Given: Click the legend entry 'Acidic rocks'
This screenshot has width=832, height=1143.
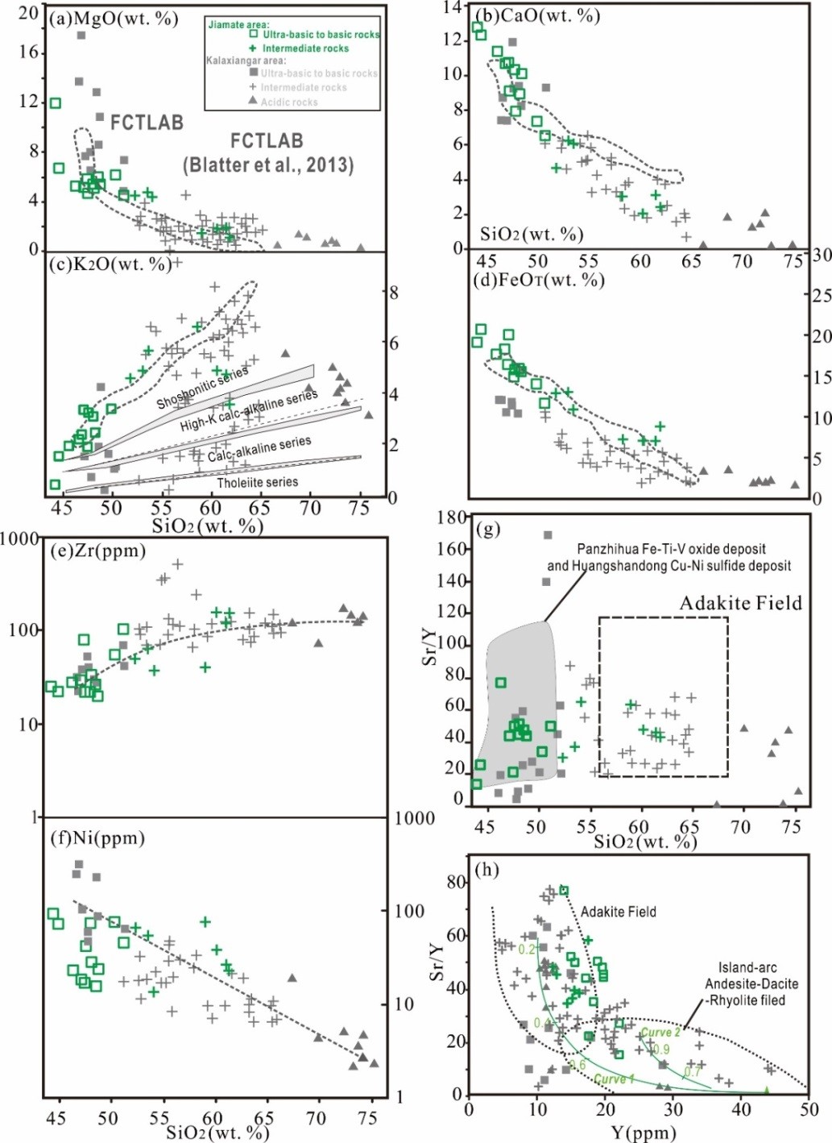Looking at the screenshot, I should pyautogui.click(x=288, y=102).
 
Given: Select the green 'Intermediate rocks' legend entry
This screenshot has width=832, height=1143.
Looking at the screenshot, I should pyautogui.click(x=305, y=48).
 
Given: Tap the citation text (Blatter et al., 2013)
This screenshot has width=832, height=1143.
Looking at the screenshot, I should pyautogui.click(x=267, y=165).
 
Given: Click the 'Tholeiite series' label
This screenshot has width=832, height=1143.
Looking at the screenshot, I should pyautogui.click(x=257, y=482).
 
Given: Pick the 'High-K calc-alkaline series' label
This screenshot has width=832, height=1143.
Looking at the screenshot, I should pyautogui.click(x=248, y=411).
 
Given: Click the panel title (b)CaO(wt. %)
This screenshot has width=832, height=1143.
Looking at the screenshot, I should pyautogui.click(x=538, y=15).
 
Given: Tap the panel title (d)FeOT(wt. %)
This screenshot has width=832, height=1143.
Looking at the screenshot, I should pyautogui.click(x=540, y=280).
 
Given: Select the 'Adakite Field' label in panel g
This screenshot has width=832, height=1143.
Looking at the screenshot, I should pyautogui.click(x=740, y=603).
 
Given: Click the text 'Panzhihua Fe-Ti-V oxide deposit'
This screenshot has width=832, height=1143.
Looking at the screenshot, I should pyautogui.click(x=671, y=549).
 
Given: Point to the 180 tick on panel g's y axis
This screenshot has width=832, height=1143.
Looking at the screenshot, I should pyautogui.click(x=452, y=517).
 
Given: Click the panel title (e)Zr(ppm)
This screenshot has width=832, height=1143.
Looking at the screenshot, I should pyautogui.click(x=98, y=551).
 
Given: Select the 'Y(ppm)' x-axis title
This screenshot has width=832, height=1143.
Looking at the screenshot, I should pyautogui.click(x=643, y=1133).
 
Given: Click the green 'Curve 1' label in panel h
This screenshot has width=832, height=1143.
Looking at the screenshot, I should pyautogui.click(x=614, y=1079).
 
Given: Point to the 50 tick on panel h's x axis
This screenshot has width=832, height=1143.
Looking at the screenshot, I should pyautogui.click(x=809, y=1108).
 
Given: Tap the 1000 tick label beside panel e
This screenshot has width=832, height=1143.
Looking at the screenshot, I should pyautogui.click(x=18, y=538).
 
